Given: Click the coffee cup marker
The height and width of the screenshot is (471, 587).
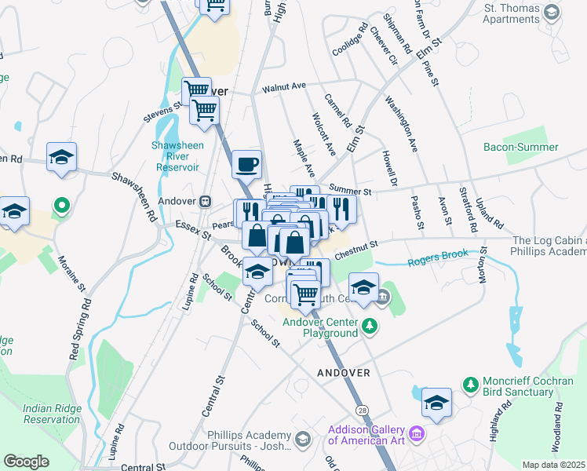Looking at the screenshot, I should (247, 165).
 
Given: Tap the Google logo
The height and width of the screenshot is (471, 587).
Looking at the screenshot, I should (26, 462).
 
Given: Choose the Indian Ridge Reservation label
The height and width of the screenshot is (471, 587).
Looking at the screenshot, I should (52, 413).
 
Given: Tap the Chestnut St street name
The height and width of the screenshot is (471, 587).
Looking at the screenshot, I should (356, 250).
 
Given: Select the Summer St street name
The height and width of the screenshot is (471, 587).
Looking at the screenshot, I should (349, 188).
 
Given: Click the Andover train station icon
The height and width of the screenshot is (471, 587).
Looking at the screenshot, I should (206, 200).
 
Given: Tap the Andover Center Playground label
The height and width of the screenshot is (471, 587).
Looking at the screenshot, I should (330, 327).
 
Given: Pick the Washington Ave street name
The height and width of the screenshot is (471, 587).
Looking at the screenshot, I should (400, 123).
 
